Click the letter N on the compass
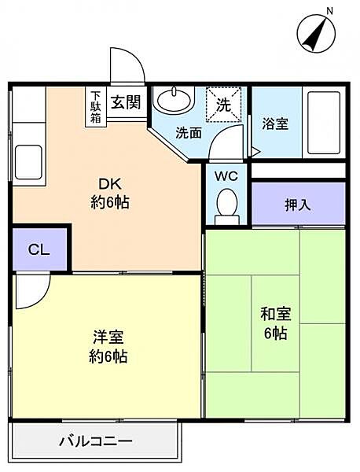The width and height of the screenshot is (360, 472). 330,12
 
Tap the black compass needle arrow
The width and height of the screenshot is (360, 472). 314,35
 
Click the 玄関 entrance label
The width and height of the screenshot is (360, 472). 126,102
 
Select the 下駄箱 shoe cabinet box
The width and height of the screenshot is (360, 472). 96,107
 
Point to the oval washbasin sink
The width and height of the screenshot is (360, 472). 174,101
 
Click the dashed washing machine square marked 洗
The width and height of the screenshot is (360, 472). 224,105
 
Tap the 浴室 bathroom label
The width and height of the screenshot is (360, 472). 275,124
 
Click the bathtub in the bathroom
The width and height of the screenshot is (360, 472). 324,122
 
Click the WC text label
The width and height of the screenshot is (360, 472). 226,176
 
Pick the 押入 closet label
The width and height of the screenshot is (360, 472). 298,205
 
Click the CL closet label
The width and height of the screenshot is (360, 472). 39,250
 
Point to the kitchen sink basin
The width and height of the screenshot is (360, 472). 28,162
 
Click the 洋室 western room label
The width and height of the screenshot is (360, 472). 108,337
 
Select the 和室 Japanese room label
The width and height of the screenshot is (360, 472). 275,314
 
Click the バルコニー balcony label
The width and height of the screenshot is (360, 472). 96,441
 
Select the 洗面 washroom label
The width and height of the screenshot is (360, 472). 189,133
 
